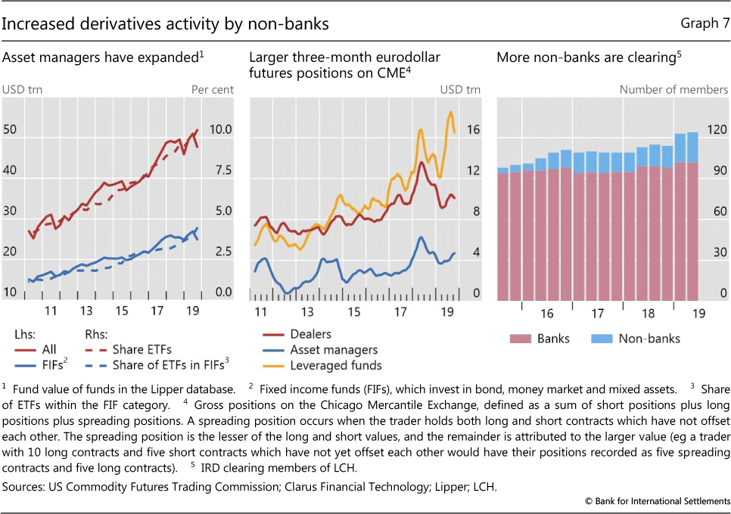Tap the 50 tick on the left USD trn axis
10,130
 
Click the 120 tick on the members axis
717,130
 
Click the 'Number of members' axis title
673,89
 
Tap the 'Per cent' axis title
212,89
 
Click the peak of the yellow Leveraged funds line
450,113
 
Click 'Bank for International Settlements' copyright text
655,502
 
